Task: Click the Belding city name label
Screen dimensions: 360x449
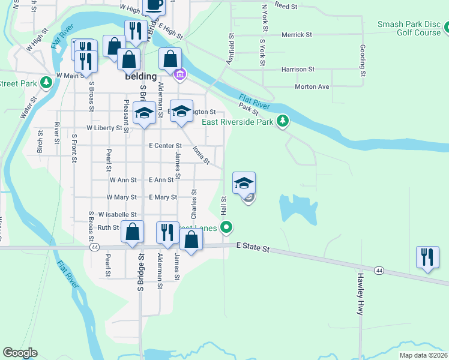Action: [x=140, y=76]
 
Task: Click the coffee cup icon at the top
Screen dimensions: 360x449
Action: [x=154, y=5]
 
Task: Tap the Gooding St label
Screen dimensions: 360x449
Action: [x=363, y=61]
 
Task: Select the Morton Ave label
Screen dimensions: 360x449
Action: [x=312, y=86]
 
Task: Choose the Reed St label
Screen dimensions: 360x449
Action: [x=286, y=5]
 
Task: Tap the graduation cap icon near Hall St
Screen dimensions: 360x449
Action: [x=244, y=183]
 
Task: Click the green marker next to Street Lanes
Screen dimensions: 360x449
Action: [x=226, y=227]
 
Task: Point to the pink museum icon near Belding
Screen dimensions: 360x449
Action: [x=179, y=75]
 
